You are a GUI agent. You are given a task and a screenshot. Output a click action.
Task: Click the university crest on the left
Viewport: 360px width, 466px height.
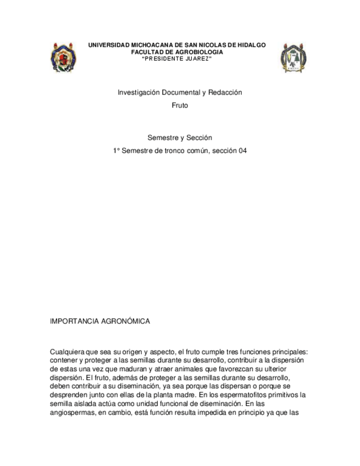[63, 57]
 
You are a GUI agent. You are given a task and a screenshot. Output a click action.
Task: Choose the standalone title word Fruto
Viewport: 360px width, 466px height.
[180, 105]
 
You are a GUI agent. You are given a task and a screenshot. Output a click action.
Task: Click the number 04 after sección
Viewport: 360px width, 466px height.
[242, 150]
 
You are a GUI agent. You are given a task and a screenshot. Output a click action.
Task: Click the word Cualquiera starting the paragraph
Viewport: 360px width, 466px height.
[69, 352]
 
